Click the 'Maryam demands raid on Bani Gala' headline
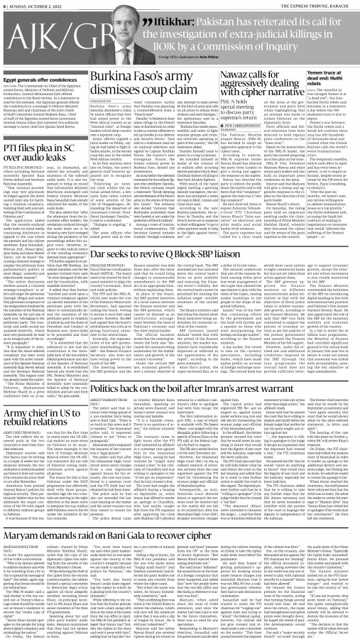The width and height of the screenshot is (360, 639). coord(180,525)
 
